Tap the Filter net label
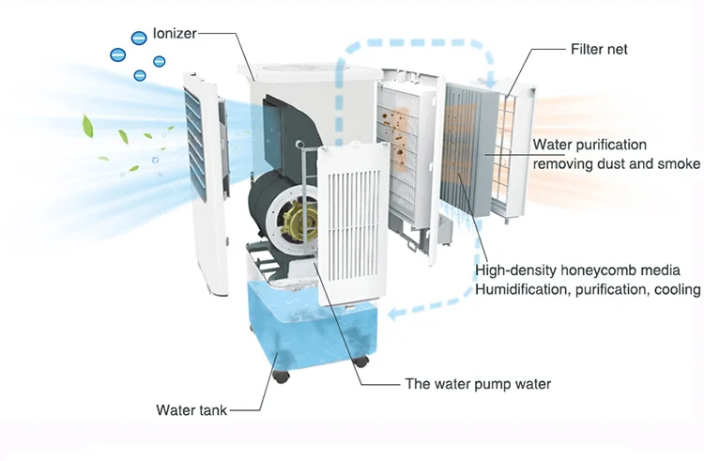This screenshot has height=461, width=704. pyautogui.click(x=600, y=49)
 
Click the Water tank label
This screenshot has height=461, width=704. pyautogui.click(x=191, y=409)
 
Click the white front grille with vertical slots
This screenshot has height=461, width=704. pyautogui.click(x=348, y=225)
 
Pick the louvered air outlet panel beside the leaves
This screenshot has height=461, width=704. pyautogui.click(x=204, y=141)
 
